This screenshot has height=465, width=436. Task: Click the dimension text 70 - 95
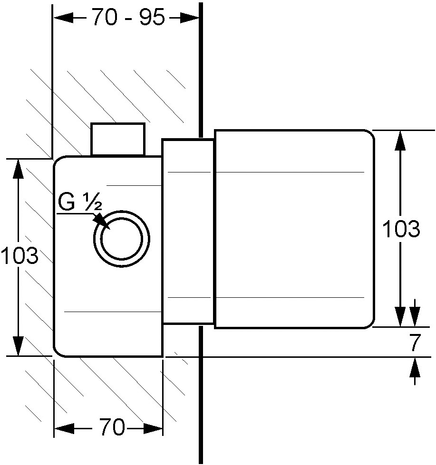127,18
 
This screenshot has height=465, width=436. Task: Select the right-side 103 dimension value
401,230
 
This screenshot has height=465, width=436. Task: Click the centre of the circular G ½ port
121,238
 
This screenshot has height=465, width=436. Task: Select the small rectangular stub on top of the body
118,140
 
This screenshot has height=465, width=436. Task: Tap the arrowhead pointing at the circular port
100,221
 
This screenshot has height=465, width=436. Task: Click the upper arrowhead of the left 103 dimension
18,170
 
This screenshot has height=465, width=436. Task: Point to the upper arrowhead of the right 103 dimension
400,141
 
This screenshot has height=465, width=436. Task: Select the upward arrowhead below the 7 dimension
415,368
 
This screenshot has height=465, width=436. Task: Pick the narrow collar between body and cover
188,232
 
